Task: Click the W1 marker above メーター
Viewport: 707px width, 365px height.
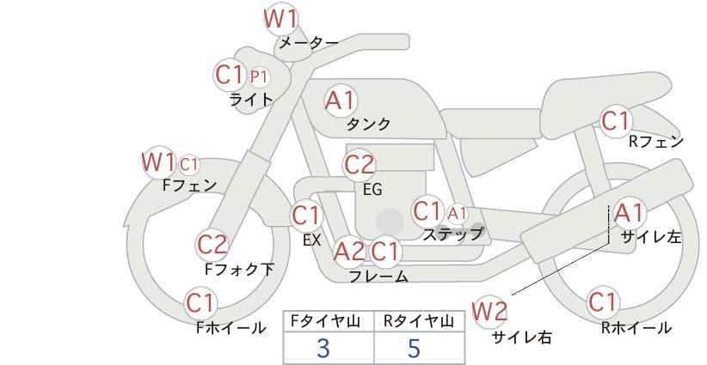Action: [280, 20]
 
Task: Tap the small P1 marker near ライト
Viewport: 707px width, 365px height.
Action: [259, 77]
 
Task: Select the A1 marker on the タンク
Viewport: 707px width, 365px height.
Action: [341, 100]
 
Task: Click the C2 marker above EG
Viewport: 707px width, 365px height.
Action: [360, 165]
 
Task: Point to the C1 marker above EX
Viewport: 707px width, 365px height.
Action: [306, 216]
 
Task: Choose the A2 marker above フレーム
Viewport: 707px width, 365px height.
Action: [349, 251]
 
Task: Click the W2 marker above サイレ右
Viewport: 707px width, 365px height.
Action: [489, 312]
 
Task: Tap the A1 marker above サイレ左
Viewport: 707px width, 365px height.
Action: [629, 213]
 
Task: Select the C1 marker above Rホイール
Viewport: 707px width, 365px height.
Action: [602, 302]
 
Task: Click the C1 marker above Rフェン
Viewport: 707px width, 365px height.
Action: [615, 120]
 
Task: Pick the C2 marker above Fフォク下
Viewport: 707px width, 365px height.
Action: [212, 246]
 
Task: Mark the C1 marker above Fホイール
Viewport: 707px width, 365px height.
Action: [200, 303]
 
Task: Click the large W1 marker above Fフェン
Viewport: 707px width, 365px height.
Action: [158, 162]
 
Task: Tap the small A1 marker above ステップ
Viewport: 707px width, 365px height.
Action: [457, 213]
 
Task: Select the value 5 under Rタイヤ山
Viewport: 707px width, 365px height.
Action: [414, 348]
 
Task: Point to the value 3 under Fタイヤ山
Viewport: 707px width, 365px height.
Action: [323, 348]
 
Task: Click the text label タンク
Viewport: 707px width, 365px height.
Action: [368, 125]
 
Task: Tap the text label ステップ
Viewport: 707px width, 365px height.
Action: [452, 234]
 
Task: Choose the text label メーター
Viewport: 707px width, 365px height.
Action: [309, 43]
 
